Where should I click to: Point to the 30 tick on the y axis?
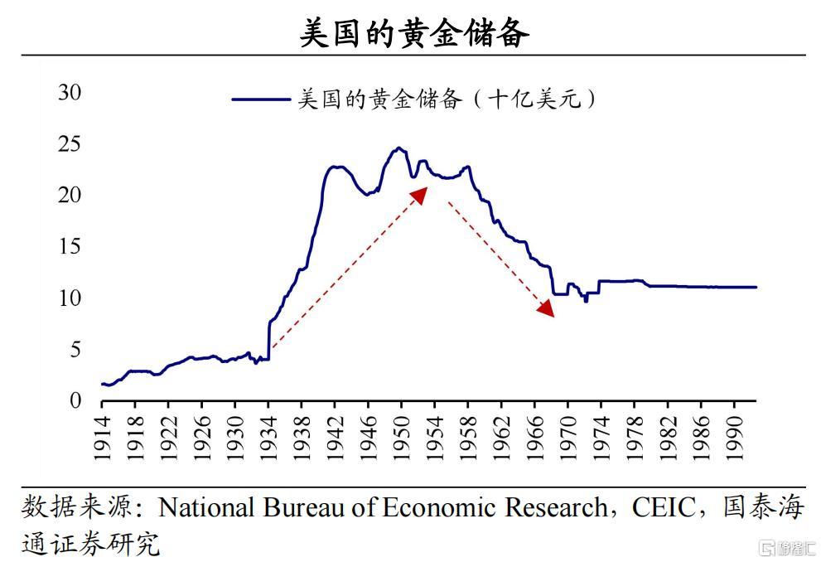click(70, 93)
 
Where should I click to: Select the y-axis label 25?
click(70, 144)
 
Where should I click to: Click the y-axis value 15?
click(70, 246)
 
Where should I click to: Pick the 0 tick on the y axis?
click(75, 400)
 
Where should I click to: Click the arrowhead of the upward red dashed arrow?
click(420, 193)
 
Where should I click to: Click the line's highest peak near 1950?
click(399, 148)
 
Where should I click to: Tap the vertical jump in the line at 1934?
click(269, 340)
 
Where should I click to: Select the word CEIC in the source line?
click(663, 507)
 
